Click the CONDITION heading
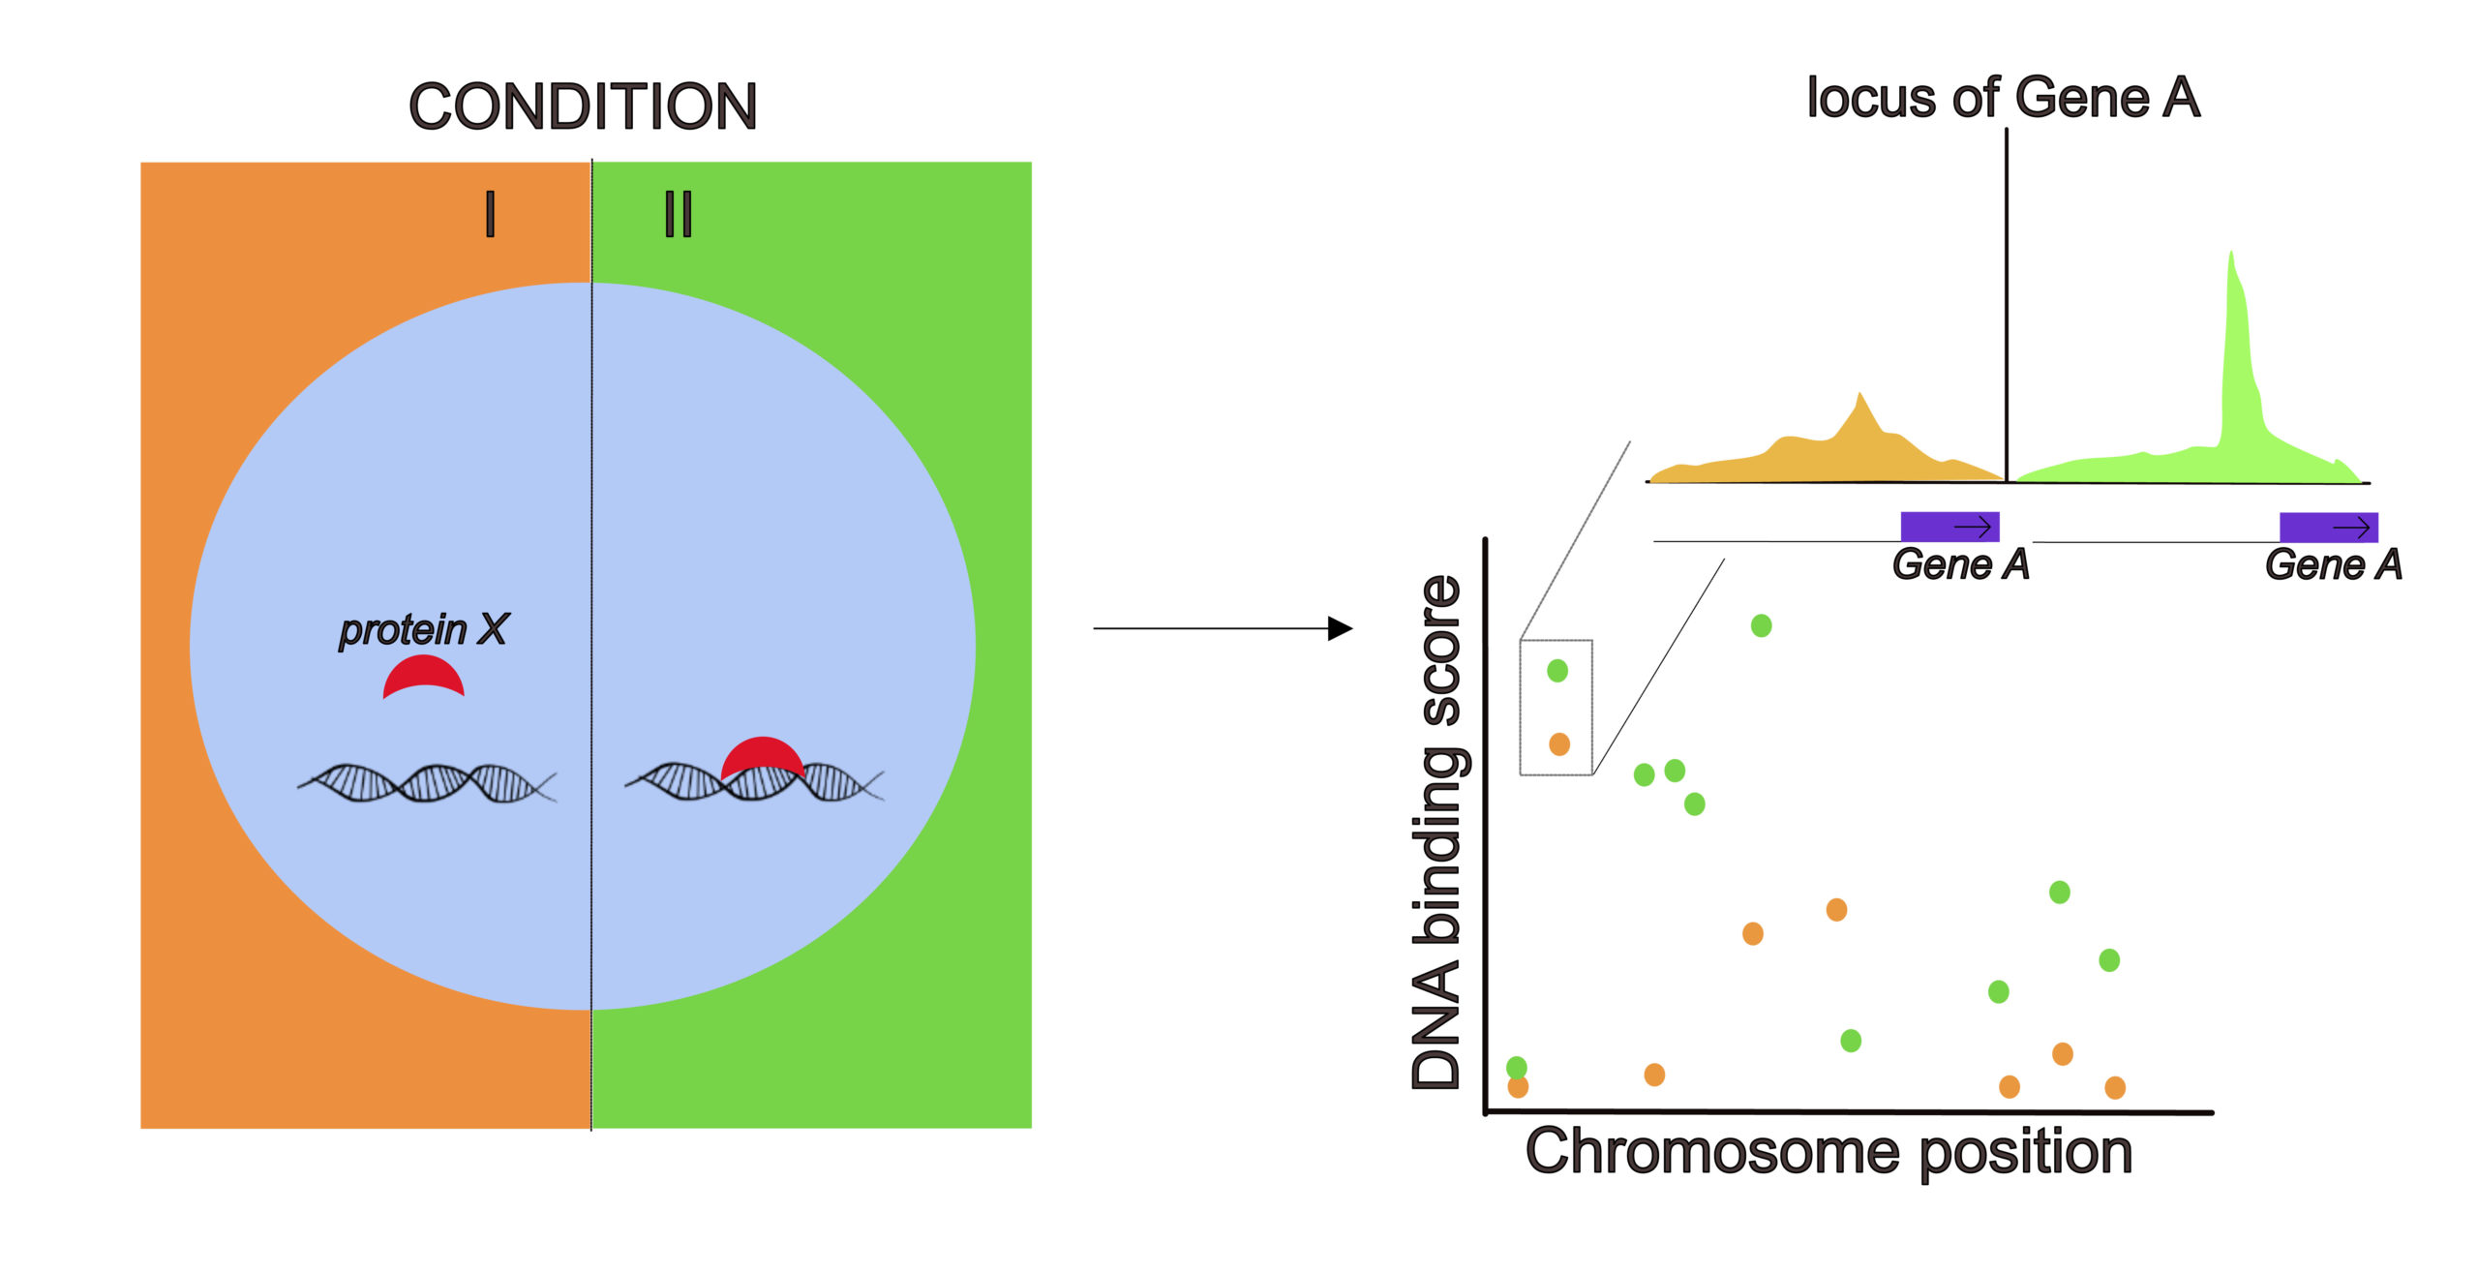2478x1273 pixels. pyautogui.click(x=583, y=106)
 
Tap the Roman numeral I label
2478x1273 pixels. pyautogui.click(x=491, y=214)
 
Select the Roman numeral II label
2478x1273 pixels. pyautogui.click(x=679, y=214)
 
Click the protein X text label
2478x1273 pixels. pyautogui.click(x=423, y=629)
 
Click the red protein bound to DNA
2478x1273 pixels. pyautogui.click(x=763, y=754)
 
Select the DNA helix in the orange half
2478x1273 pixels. pyautogui.click(x=427, y=783)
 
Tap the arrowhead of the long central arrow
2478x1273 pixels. pyautogui.click(x=1342, y=628)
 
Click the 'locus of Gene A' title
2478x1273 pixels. pyautogui.click(x=2004, y=98)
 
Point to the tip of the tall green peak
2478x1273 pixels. pyautogui.click(x=2231, y=252)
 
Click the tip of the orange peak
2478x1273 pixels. pyautogui.click(x=1859, y=392)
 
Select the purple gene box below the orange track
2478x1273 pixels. pyautogui.click(x=1950, y=527)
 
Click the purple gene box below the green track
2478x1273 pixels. pyautogui.click(x=2329, y=528)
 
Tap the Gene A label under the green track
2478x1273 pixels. pyautogui.click(x=2334, y=564)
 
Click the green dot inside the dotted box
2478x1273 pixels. pyautogui.click(x=1557, y=670)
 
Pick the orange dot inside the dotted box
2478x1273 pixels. pyautogui.click(x=1559, y=743)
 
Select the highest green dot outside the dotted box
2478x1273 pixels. pyautogui.click(x=1762, y=625)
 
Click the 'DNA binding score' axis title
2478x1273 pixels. pyautogui.click(x=1436, y=833)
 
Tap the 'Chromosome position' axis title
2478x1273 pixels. pyautogui.click(x=1829, y=1152)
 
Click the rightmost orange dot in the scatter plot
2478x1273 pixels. pyautogui.click(x=2115, y=1087)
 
